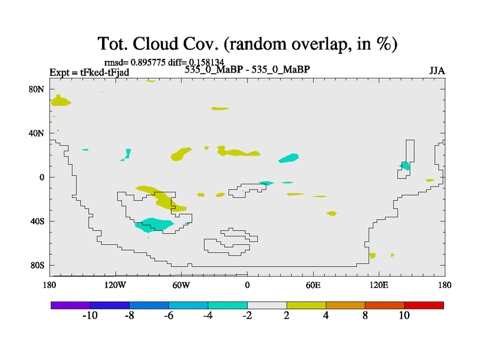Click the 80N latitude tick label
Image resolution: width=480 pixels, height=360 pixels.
[37, 89]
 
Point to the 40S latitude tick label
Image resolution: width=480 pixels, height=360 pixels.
[37, 221]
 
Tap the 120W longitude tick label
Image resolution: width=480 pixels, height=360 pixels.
[115, 286]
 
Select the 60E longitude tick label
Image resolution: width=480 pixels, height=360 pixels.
[313, 286]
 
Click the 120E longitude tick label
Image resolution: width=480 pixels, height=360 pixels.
[379, 286]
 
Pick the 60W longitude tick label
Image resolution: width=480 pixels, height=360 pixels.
[181, 286]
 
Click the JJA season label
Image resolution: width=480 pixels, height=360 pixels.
[437, 71]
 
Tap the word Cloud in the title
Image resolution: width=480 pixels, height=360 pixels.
[155, 44]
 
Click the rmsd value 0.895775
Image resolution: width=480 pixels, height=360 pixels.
[148, 62]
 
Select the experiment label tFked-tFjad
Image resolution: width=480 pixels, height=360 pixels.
[104, 73]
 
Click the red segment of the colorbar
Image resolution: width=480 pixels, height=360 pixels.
[424, 305]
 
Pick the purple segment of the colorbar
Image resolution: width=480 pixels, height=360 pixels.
[71, 305]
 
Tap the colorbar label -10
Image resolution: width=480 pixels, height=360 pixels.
[90, 316]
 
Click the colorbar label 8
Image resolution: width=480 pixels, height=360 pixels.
[365, 316]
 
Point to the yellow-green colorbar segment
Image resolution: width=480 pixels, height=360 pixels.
[307, 305]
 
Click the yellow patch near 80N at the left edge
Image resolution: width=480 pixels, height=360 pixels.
[61, 100]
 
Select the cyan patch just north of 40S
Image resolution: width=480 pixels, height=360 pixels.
[154, 224]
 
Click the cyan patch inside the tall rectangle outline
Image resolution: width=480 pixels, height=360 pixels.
[405, 166]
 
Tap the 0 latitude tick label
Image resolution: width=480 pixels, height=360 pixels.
[41, 178]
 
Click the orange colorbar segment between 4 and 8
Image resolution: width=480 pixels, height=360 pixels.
[346, 305]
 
